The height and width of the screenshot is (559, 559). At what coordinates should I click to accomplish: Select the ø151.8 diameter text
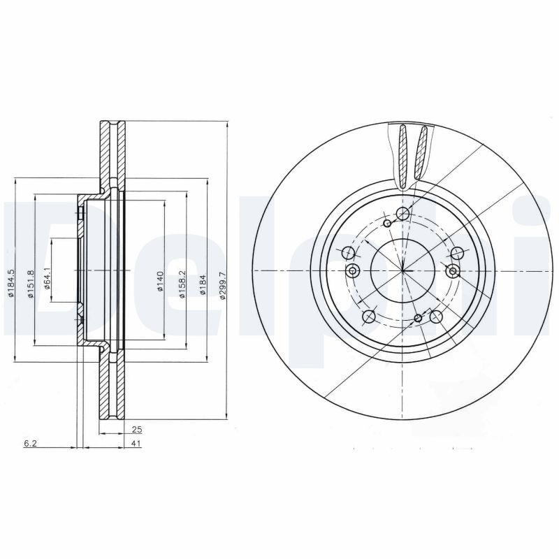pos(30,284)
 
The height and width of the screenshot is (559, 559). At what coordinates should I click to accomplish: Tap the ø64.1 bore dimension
pos(47,279)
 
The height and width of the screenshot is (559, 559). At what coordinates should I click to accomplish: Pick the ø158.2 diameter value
pos(182,284)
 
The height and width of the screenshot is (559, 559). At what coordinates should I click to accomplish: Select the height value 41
pos(137,444)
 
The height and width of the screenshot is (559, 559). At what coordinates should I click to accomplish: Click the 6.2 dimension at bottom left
pos(29,444)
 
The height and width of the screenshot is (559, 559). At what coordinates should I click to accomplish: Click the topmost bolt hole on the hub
pos(402,214)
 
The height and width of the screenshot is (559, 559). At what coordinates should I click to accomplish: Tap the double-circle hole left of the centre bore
pos(353,271)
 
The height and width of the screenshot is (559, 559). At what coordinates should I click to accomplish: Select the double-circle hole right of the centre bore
pos(453,271)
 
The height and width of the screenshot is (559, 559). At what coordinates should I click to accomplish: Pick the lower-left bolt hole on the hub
pos(370,317)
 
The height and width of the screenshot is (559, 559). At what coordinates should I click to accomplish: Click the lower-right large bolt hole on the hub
pos(435,317)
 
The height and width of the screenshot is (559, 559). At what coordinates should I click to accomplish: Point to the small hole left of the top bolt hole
pos(388,224)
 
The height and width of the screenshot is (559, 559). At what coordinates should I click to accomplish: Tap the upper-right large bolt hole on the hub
pos(457,253)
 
